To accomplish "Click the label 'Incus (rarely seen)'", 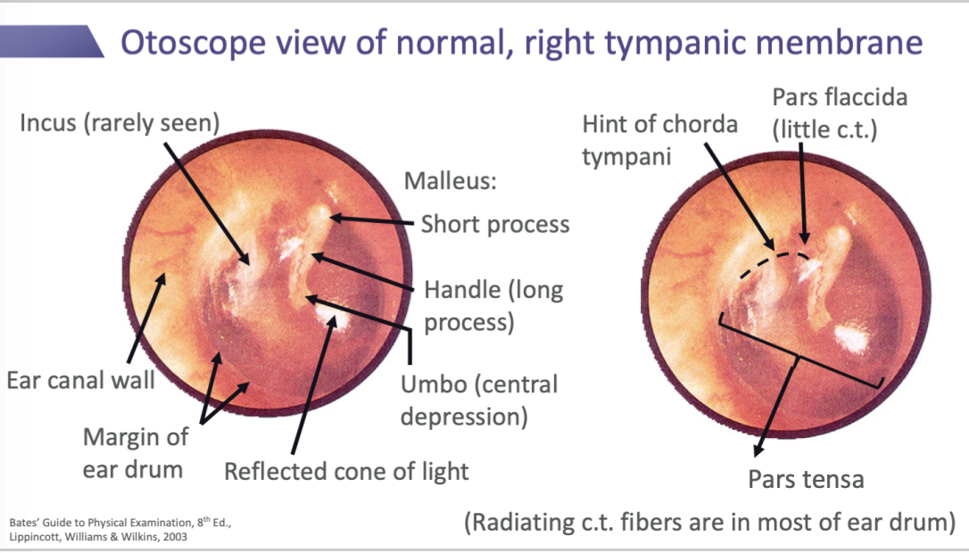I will click(120, 122).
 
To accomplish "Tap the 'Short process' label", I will click(494, 223).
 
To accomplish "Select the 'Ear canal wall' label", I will click(81, 381).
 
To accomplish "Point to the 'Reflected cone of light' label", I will click(346, 470).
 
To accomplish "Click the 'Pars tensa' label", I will click(806, 479).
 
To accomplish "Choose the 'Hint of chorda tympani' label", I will click(659, 140).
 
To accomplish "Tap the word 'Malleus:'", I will click(450, 181).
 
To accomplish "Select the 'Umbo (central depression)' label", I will click(479, 400).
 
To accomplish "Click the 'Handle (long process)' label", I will click(493, 305).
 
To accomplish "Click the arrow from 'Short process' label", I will click(375, 220).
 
